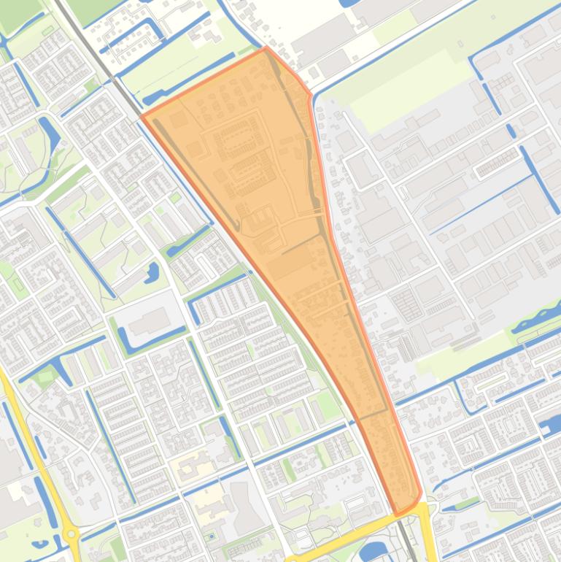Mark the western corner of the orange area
coord(142,116)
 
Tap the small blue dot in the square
coord(212,536)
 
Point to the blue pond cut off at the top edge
coord(350,3)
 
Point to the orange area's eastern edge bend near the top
coord(310,93)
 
